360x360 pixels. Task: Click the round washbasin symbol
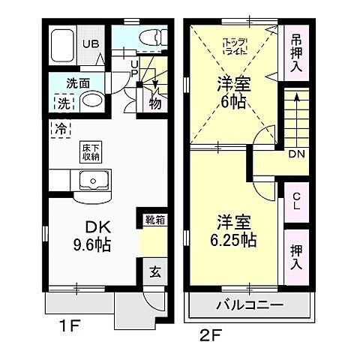[x=91, y=102]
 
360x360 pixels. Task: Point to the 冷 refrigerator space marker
[x=58, y=128]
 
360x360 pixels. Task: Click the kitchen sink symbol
[x=94, y=181]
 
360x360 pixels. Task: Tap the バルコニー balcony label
[x=249, y=306]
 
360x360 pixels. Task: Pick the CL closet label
[x=297, y=200]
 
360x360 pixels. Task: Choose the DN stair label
[x=296, y=154]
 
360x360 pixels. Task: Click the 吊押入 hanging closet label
[x=297, y=51]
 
